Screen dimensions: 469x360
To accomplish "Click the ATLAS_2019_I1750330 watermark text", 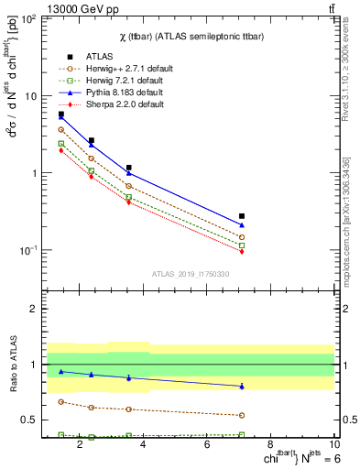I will [x=190, y=274].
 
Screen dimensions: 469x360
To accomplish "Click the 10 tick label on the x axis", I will [x=335, y=445].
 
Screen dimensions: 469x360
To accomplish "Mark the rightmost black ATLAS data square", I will [x=242, y=216].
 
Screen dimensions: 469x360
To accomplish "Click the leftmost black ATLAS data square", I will [x=60, y=115].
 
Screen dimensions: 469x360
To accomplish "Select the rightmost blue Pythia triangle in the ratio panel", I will [x=242, y=386].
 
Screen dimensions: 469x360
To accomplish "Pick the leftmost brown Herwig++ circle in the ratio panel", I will [x=60, y=401].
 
